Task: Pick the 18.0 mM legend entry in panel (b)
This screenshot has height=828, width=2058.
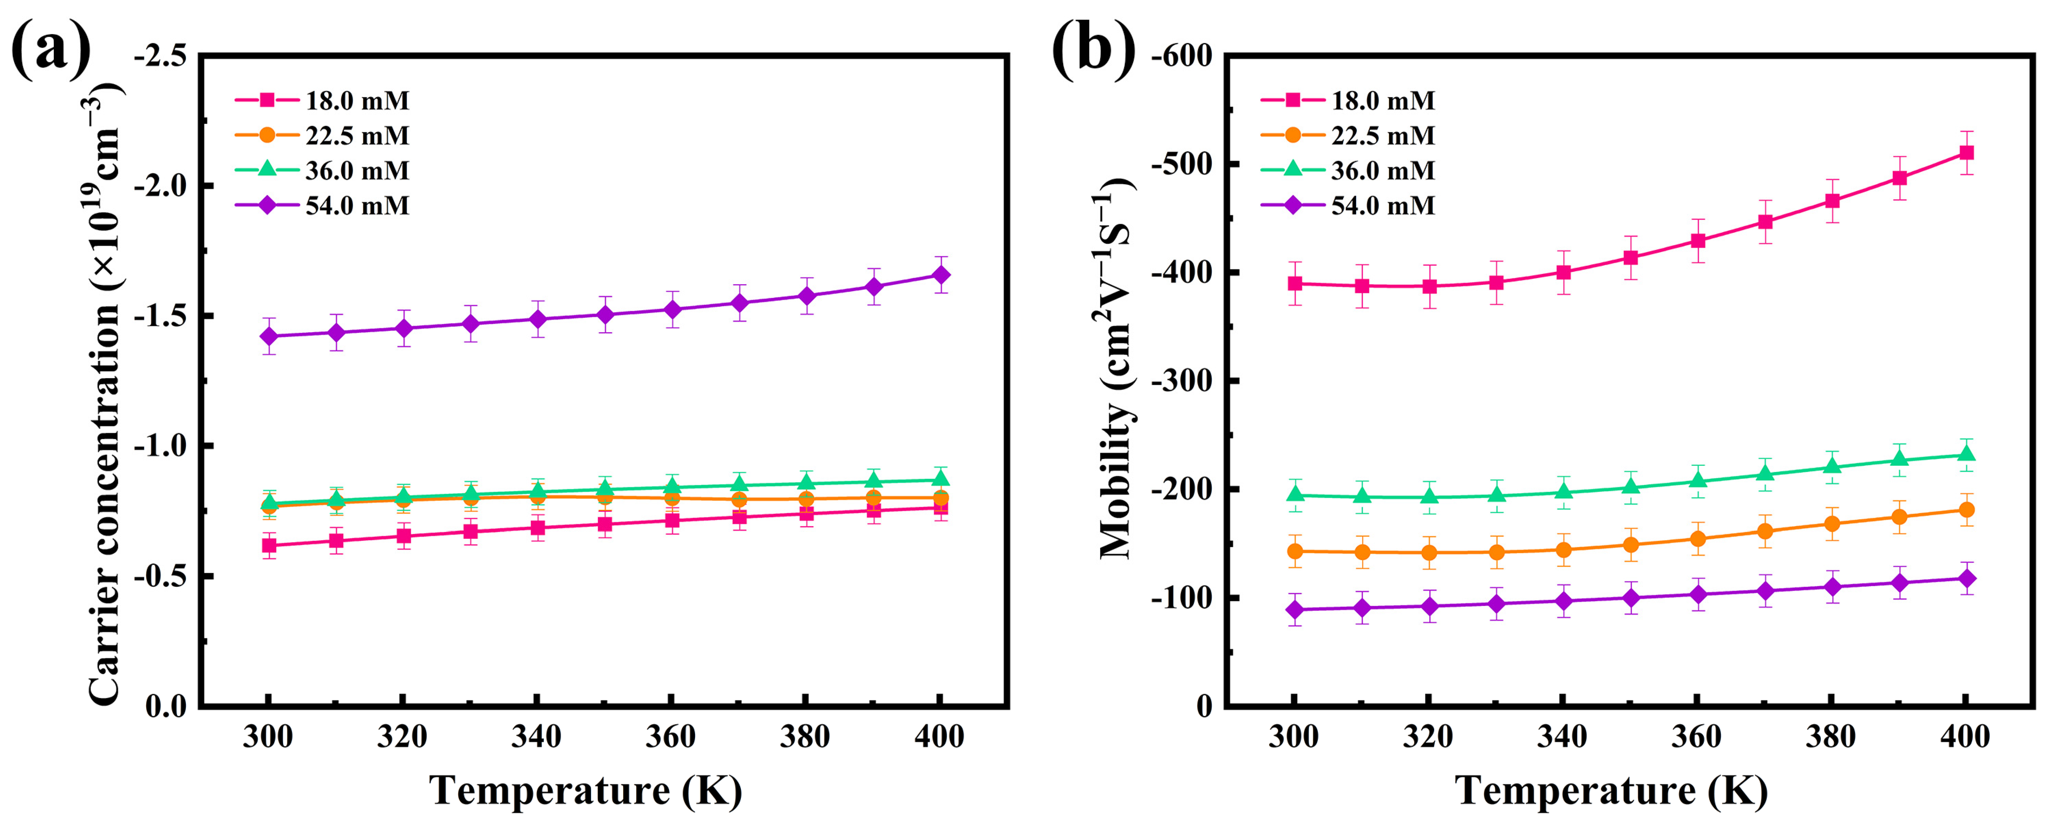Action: point(1382,101)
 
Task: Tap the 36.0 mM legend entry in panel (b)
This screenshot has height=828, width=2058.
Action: point(1382,171)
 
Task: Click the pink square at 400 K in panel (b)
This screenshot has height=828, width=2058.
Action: point(1966,153)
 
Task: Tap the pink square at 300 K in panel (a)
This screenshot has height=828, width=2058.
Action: point(269,546)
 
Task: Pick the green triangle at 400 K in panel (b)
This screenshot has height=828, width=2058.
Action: point(1966,455)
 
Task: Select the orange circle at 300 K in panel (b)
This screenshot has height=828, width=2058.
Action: point(1295,551)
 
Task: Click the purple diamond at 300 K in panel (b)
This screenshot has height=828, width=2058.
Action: point(1295,610)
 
